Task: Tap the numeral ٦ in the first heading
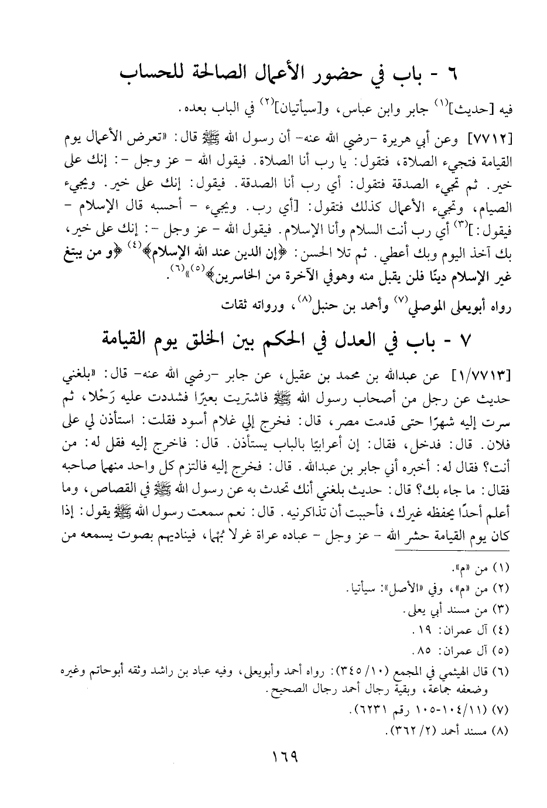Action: [x=450, y=76]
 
